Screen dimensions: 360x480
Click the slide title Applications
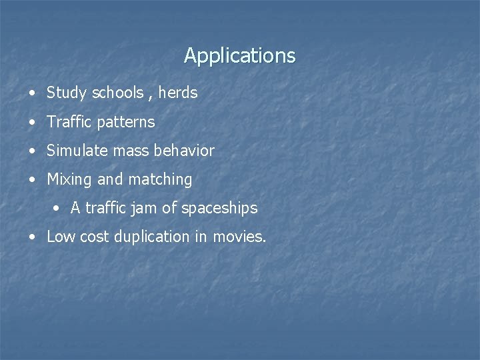click(239, 55)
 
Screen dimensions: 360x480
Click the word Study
click(67, 93)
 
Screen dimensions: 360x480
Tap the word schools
click(117, 93)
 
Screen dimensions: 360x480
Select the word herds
click(178, 93)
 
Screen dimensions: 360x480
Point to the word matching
click(160, 180)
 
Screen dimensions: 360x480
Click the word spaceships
click(219, 209)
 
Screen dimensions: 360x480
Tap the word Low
click(61, 237)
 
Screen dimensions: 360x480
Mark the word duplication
click(152, 237)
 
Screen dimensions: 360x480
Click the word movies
click(239, 237)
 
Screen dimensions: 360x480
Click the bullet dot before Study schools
click(33, 93)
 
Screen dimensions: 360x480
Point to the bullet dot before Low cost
click(33, 237)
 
